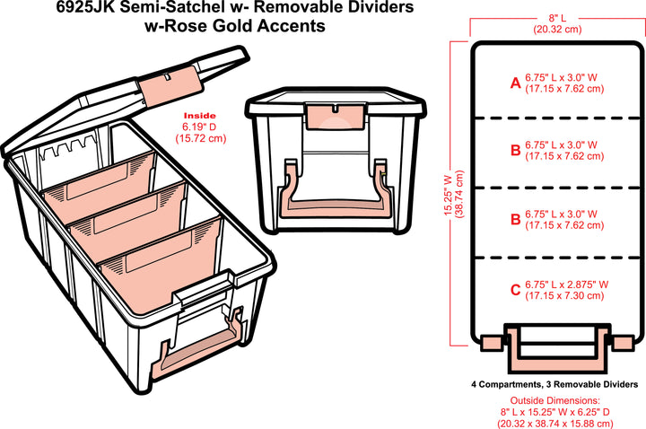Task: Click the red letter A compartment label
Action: coord(515,83)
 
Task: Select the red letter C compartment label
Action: coord(515,289)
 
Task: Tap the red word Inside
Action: coord(199,116)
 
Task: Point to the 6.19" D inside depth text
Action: coord(199,127)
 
